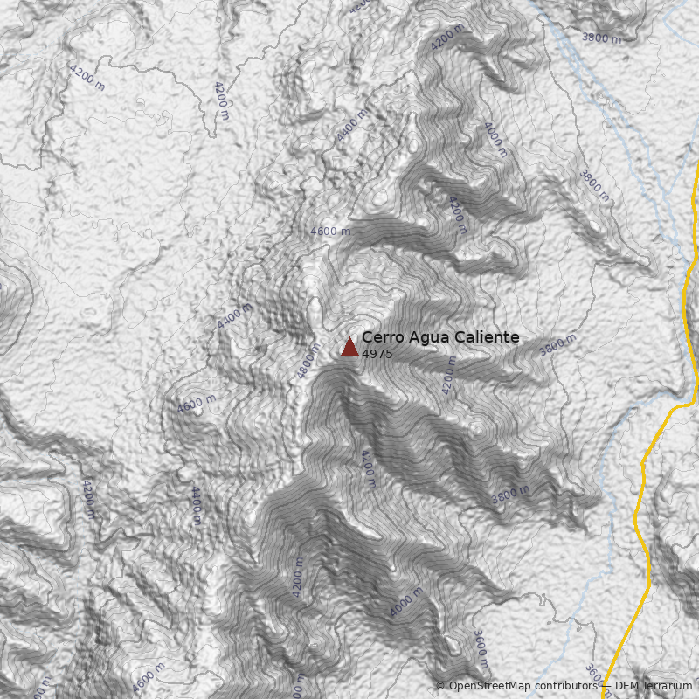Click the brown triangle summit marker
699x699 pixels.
click(349, 347)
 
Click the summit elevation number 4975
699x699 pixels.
click(377, 354)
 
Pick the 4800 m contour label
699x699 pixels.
click(308, 360)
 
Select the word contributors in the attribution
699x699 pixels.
click(567, 686)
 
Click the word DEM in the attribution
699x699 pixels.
click(627, 686)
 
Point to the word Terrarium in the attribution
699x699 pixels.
click(668, 686)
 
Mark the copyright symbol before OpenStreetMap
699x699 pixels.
click(440, 686)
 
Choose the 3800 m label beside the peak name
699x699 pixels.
click(557, 345)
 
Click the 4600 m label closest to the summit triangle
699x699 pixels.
click(330, 232)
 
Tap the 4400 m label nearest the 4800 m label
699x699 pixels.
click(234, 315)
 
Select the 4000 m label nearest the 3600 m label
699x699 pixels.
click(405, 602)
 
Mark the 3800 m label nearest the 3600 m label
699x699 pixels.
click(510, 494)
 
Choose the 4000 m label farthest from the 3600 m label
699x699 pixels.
click(495, 138)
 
